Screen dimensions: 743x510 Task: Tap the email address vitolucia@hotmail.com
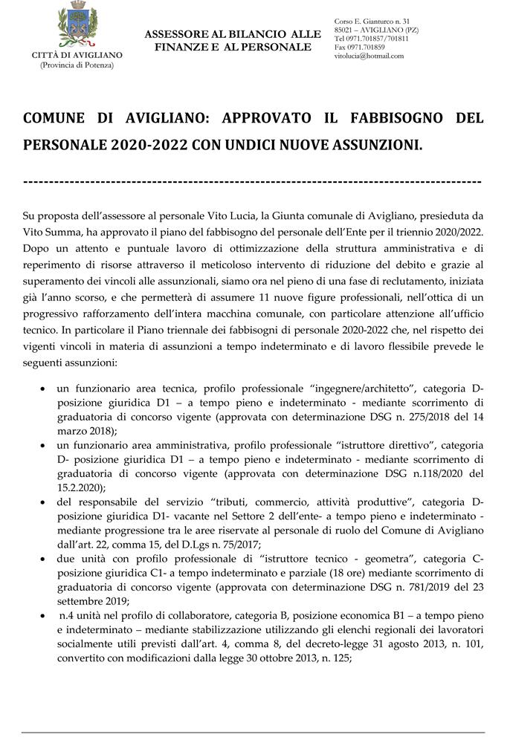tap(369, 56)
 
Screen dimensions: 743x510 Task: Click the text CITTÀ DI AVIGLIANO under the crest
tap(77, 55)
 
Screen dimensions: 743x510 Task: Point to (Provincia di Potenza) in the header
tap(77, 65)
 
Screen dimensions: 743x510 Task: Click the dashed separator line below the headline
tap(253, 181)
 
